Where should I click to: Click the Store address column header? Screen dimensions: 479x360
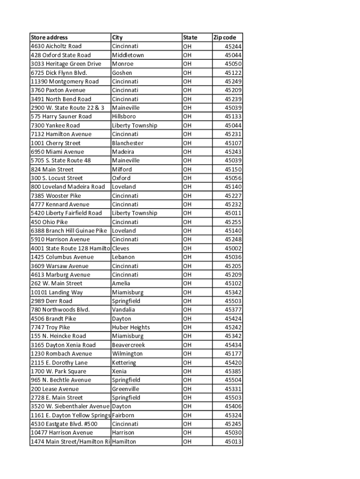tap(49, 37)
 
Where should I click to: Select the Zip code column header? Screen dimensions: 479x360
tap(225, 37)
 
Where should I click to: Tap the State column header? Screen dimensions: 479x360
tap(190, 37)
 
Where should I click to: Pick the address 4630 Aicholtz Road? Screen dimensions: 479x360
tap(56, 46)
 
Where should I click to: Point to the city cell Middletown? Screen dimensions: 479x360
tap(128, 55)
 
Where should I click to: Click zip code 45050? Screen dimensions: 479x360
tap(233, 64)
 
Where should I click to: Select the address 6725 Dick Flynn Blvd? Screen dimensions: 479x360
tap(59, 73)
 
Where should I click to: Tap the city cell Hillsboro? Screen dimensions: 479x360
tap(124, 116)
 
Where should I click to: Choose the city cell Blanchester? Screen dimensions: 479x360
tap(128, 143)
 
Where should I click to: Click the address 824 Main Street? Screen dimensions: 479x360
tap(52, 169)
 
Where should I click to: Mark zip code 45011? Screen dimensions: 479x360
tap(233, 213)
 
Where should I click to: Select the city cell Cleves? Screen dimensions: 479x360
tap(121, 248)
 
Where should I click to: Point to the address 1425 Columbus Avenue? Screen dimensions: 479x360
tap(62, 257)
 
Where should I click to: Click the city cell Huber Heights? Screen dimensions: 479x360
tap(131, 327)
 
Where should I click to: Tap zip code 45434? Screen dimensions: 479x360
tap(233, 345)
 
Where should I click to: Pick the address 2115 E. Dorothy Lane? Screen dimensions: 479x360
tap(59, 363)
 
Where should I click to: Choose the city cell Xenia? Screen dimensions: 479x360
tap(119, 371)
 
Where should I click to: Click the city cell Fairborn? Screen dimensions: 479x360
tap(123, 415)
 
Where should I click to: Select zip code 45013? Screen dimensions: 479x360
tap(233, 442)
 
